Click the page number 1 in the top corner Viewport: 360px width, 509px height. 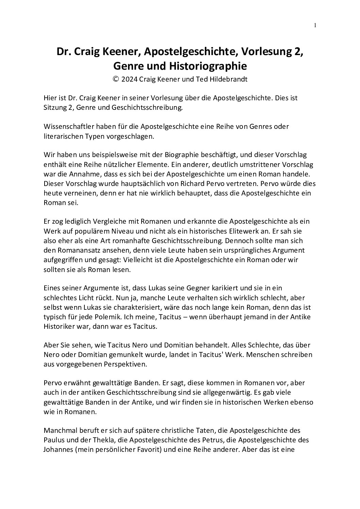pos(315,25)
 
